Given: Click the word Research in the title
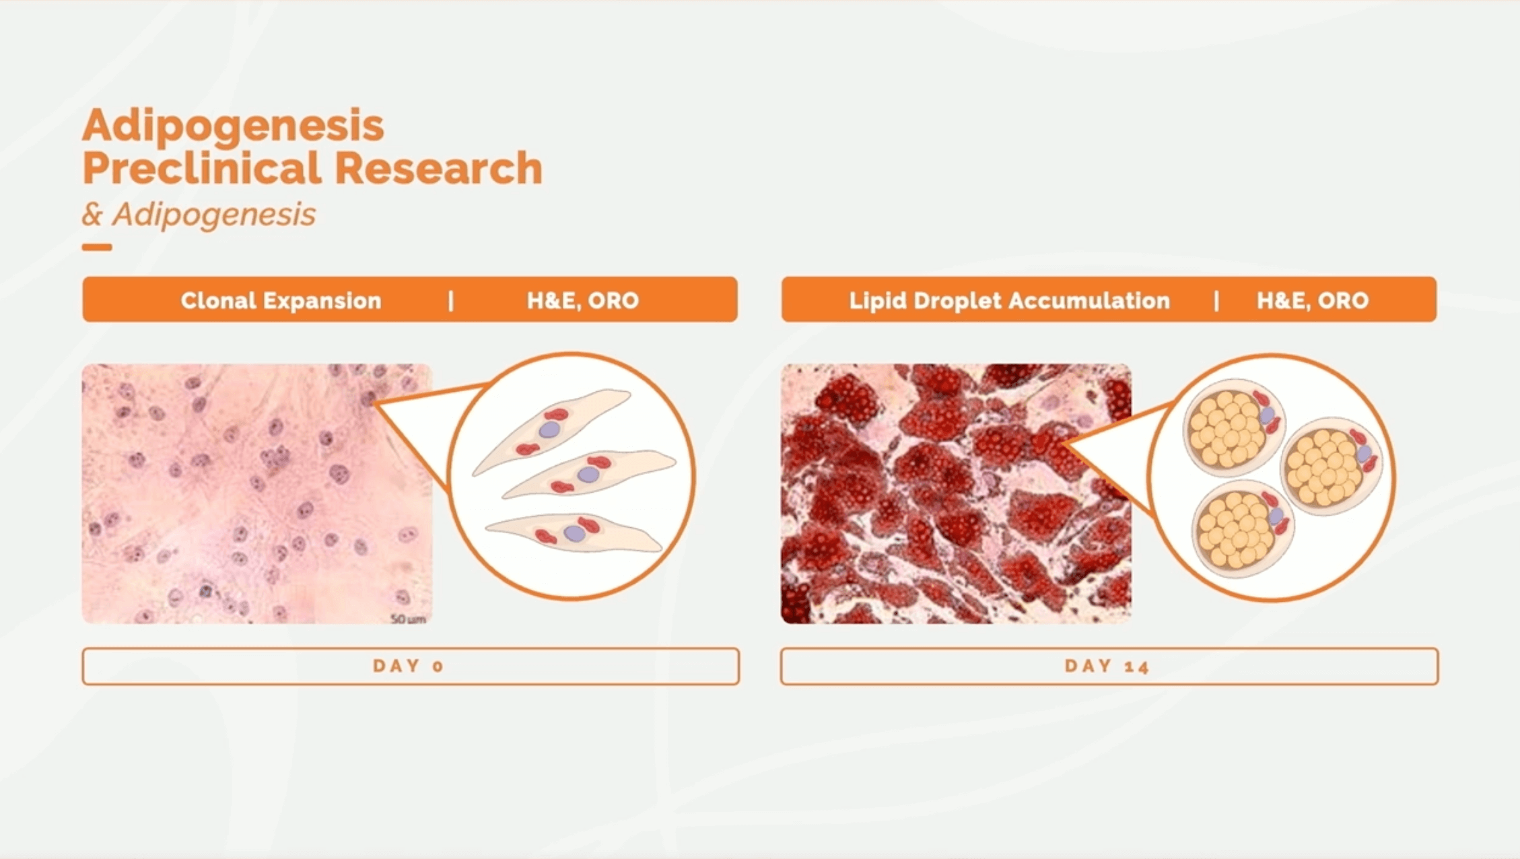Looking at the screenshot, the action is click(x=439, y=168).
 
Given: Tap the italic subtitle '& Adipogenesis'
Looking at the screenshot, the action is click(x=199, y=215).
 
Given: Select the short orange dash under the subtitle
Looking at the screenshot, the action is click(x=97, y=247).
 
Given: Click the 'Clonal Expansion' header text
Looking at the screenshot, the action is click(x=281, y=300).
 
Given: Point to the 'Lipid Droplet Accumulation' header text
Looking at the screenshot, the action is click(x=1009, y=300).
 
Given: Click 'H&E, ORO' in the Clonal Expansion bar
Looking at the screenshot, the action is click(x=583, y=300).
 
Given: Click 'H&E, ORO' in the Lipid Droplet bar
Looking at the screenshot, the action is click(x=1313, y=300).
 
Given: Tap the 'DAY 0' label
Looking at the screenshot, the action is click(x=409, y=666).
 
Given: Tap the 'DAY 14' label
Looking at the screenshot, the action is click(x=1107, y=666).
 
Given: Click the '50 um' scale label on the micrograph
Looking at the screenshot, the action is click(x=408, y=619).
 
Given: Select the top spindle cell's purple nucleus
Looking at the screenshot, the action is click(x=550, y=429).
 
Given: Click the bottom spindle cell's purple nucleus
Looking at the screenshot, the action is click(x=574, y=534).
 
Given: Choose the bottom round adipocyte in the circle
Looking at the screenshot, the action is click(x=1243, y=529).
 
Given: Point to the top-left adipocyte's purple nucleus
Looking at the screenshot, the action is click(x=1267, y=415).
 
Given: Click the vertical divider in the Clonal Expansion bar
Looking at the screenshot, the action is click(x=451, y=300).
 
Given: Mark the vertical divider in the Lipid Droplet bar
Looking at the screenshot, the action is click(x=1216, y=300).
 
